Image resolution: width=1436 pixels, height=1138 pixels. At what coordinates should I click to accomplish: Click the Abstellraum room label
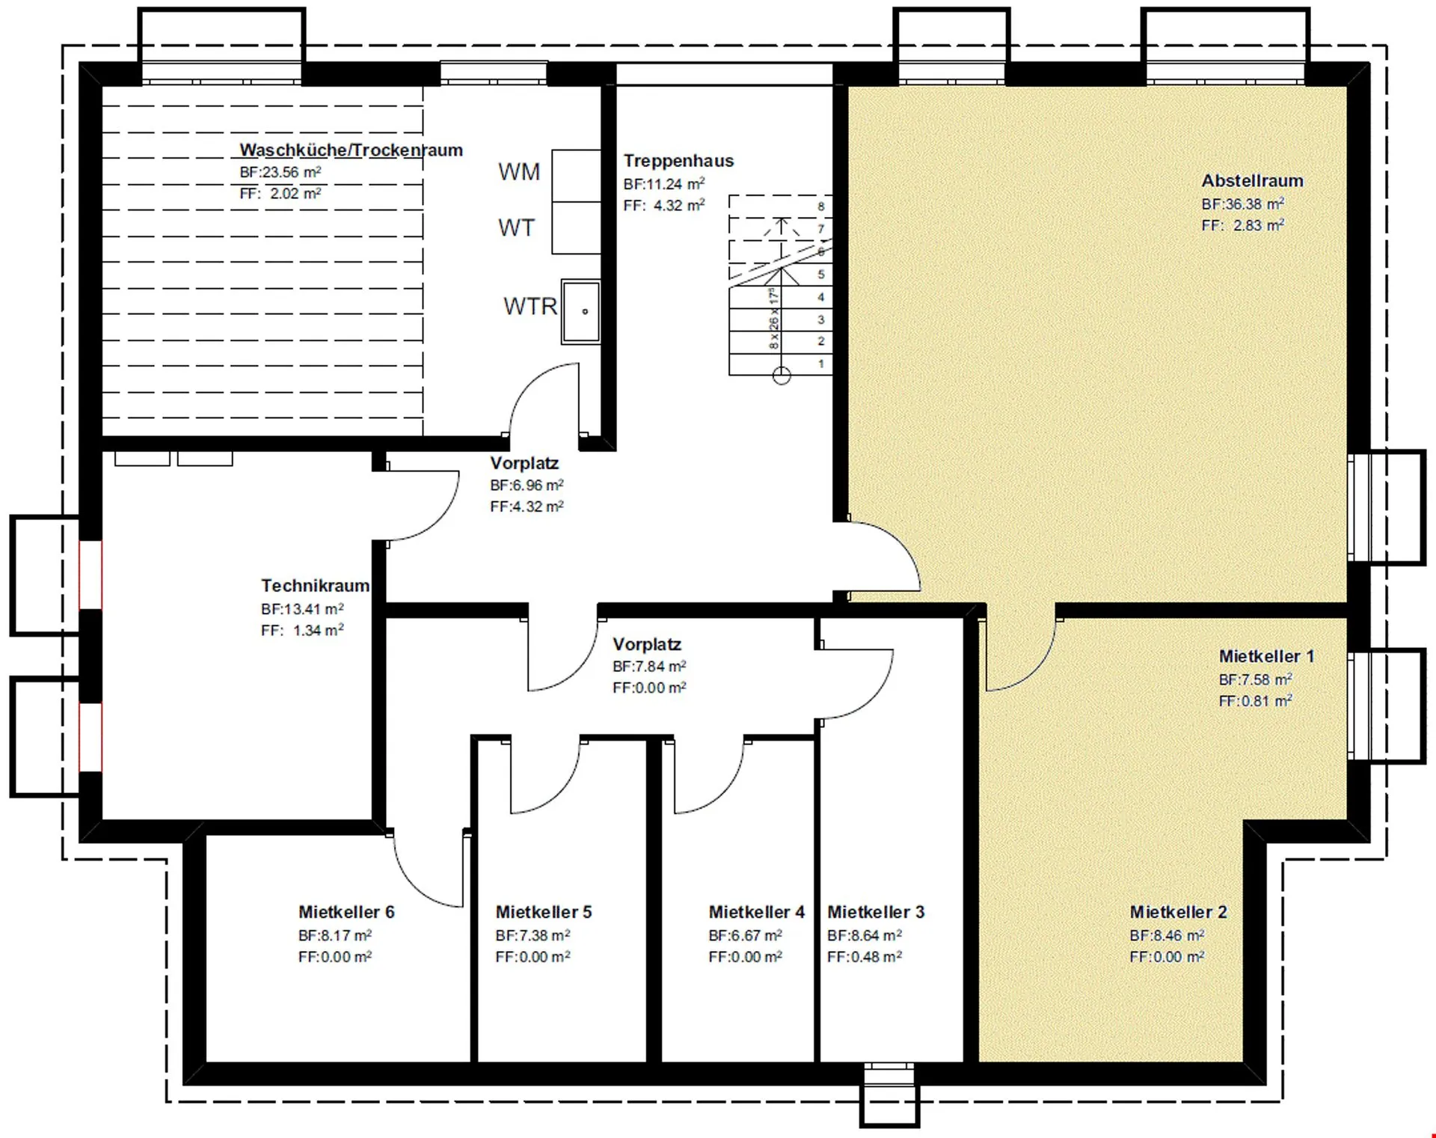point(1252,180)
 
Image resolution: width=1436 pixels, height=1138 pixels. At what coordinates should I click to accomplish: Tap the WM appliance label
point(519,172)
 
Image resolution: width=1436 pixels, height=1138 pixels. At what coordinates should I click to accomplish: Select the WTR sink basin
point(581,311)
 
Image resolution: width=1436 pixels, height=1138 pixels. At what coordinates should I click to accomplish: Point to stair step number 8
point(821,207)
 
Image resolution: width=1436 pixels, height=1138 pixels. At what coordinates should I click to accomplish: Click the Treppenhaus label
point(678,160)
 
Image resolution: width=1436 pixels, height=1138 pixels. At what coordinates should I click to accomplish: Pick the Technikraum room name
point(315,585)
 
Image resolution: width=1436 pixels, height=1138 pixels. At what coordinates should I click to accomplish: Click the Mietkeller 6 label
point(346,912)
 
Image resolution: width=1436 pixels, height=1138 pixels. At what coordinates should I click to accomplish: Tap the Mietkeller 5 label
point(544,912)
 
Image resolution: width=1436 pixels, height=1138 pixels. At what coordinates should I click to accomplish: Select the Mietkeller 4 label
point(757,912)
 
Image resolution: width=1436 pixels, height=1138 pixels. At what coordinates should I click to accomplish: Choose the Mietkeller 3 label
point(876,912)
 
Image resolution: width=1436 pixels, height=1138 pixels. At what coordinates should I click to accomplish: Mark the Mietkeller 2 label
point(1178,912)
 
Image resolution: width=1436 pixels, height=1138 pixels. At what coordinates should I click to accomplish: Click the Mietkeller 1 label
point(1266,656)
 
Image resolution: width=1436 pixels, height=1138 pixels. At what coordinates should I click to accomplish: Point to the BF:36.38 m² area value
point(1243,204)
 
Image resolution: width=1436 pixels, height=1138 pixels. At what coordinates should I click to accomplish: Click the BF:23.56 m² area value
point(280,172)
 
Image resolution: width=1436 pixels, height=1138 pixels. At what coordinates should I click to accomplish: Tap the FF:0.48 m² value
point(865,957)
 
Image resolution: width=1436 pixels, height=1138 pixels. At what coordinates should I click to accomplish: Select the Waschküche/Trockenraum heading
point(351,150)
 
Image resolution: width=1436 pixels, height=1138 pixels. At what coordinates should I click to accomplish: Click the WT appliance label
point(517,228)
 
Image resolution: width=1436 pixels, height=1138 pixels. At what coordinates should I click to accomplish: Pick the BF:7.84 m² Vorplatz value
point(649,666)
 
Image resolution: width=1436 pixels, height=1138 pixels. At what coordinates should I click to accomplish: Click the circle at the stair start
point(782,376)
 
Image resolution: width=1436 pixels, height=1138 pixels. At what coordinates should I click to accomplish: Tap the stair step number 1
point(821,364)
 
